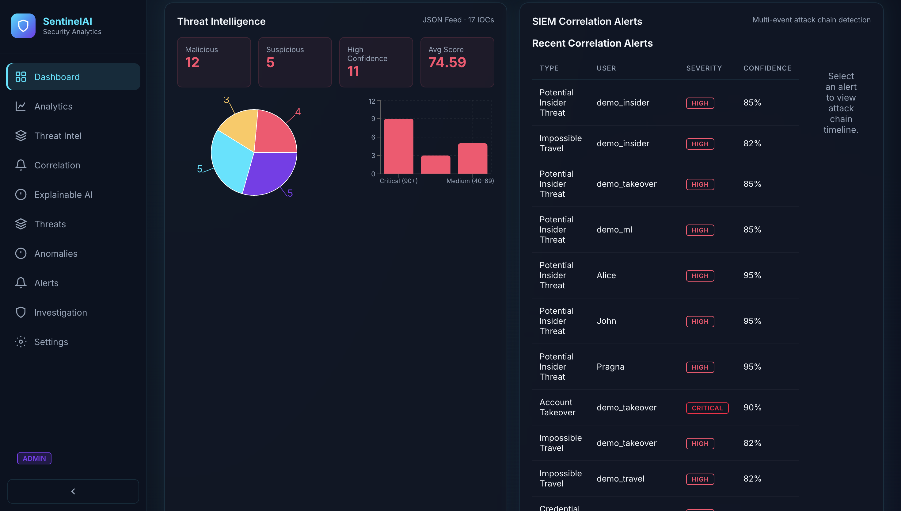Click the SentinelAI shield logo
coord(23,26)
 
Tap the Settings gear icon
coord(21,342)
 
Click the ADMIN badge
coord(34,458)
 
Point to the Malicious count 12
coord(192,63)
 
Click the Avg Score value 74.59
coord(447,63)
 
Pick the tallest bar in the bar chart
coord(399,146)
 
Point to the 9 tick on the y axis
coord(373,119)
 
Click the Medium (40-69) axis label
coord(470,181)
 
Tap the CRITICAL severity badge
coord(707,408)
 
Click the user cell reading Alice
coord(606,275)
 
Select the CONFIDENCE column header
coord(767,68)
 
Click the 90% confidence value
coord(752,407)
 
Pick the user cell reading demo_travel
coord(621,479)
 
